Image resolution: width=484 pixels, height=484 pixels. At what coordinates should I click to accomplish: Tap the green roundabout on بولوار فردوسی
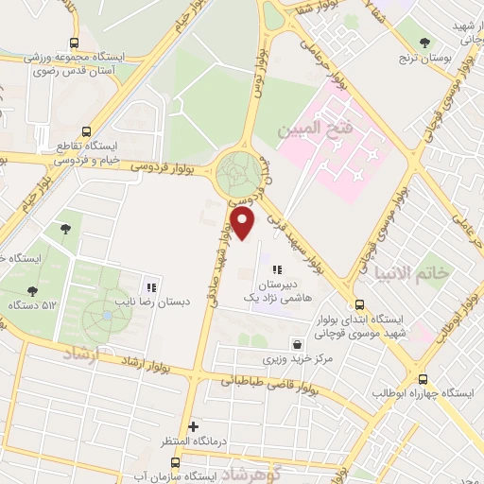point(236,173)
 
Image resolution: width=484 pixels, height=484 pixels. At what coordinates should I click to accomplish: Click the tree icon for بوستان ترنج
point(424,42)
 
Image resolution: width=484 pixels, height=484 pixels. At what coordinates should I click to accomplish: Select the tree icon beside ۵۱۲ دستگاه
point(34,291)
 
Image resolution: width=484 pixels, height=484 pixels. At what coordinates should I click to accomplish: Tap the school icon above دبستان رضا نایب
point(149,287)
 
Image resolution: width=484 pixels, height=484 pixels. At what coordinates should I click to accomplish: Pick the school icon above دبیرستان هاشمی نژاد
point(276,270)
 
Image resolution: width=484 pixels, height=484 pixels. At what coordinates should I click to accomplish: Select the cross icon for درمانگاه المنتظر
point(194,426)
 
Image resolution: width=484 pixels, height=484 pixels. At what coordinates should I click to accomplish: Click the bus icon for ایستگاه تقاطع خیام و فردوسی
point(87,132)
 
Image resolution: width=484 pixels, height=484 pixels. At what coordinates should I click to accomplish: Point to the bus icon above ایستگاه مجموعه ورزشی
point(75,43)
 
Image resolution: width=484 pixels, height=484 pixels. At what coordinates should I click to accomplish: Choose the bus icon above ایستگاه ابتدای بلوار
point(359,305)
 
